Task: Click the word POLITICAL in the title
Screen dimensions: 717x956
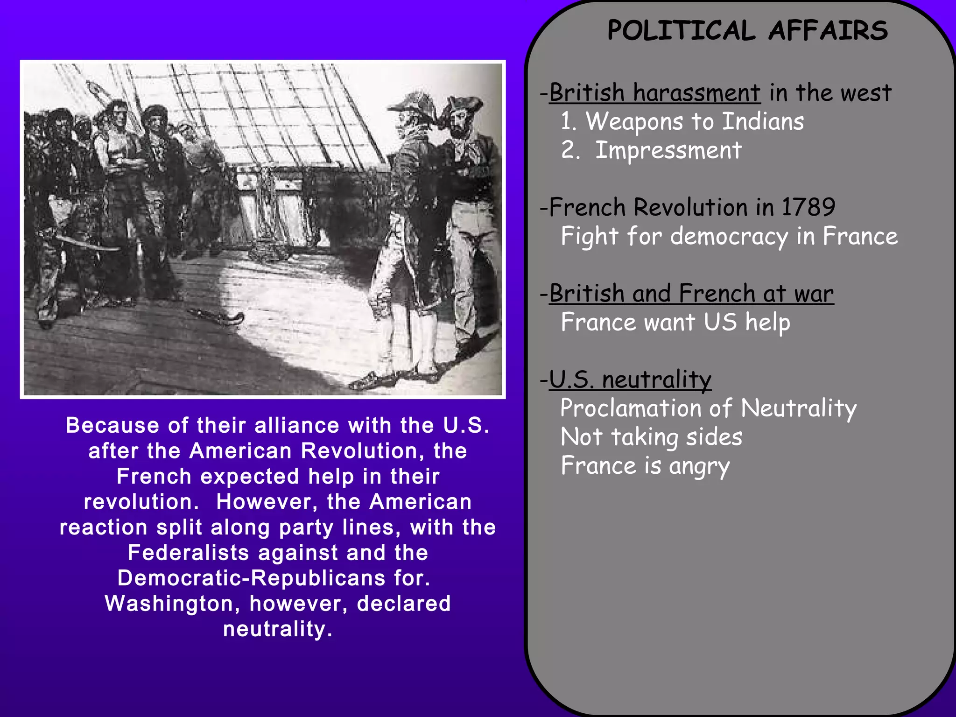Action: point(681,31)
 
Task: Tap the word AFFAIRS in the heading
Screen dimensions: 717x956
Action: point(828,31)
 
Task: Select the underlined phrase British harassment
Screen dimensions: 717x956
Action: point(654,93)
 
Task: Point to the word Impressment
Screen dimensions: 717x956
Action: point(668,151)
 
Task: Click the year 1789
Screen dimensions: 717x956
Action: point(808,207)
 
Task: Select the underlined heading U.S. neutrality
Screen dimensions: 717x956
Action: point(630,380)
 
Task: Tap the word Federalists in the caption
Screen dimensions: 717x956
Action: point(189,553)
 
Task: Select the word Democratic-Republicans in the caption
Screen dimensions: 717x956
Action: point(251,578)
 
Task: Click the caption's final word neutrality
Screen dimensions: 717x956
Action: point(277,629)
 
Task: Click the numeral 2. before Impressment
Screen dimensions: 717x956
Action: point(570,151)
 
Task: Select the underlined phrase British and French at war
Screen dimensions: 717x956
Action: point(691,294)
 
